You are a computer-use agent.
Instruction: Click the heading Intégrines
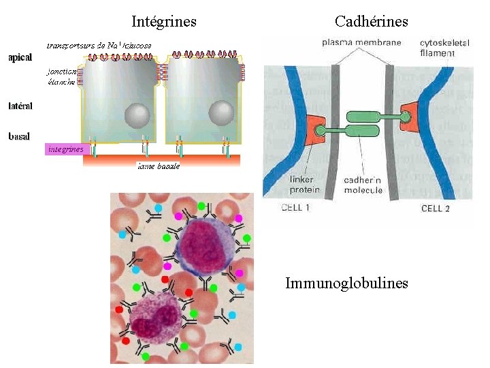click(x=164, y=22)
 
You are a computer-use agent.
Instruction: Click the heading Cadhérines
click(x=371, y=22)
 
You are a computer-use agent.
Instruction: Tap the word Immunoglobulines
click(x=346, y=283)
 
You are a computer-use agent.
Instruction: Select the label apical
click(x=20, y=58)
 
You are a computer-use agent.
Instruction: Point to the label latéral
click(x=20, y=106)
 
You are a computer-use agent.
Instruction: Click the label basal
click(x=18, y=136)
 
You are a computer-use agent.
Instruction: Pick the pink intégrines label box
click(x=65, y=149)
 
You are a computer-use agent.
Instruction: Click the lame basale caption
click(x=159, y=166)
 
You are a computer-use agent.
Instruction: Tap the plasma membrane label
click(x=361, y=42)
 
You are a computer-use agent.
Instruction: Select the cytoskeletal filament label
click(x=445, y=46)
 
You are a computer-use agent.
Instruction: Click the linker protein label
click(x=302, y=185)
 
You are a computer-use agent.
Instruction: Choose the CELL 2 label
click(x=436, y=208)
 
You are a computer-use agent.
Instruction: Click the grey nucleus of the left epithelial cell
click(x=137, y=114)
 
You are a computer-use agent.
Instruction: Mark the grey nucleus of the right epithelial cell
click(x=221, y=113)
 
